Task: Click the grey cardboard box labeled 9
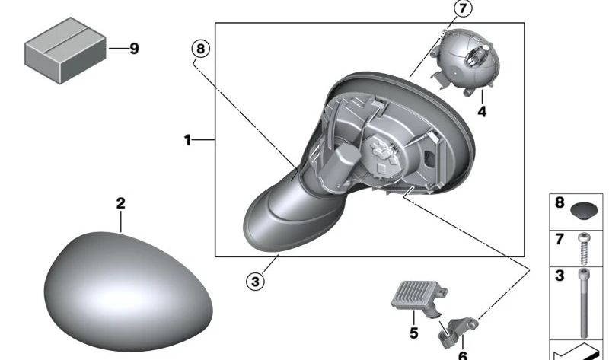65,50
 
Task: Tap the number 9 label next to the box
134,49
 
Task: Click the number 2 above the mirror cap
120,204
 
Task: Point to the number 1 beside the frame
187,140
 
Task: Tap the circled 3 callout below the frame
255,282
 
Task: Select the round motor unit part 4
464,65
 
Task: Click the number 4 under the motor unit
481,112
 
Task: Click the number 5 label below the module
414,333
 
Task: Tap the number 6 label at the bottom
462,354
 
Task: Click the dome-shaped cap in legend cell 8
584,209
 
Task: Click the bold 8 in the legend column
560,203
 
